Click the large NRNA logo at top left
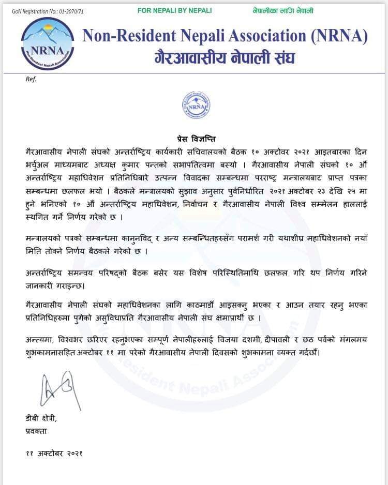48,43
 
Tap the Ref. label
31,79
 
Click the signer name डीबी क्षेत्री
43,417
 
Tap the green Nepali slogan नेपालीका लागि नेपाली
283,10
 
